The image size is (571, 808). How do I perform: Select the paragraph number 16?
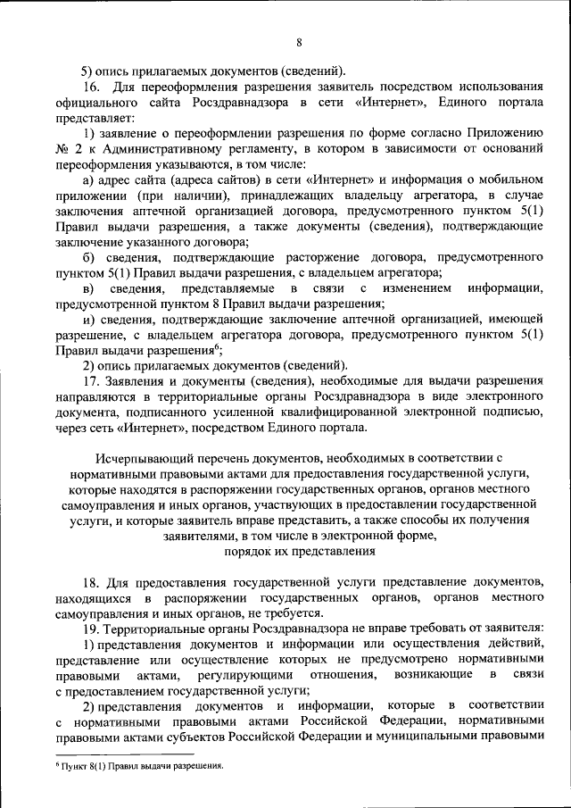pos(92,87)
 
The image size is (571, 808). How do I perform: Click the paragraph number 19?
pos(92,628)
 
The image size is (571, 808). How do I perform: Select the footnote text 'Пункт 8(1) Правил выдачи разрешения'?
pos(142,767)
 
